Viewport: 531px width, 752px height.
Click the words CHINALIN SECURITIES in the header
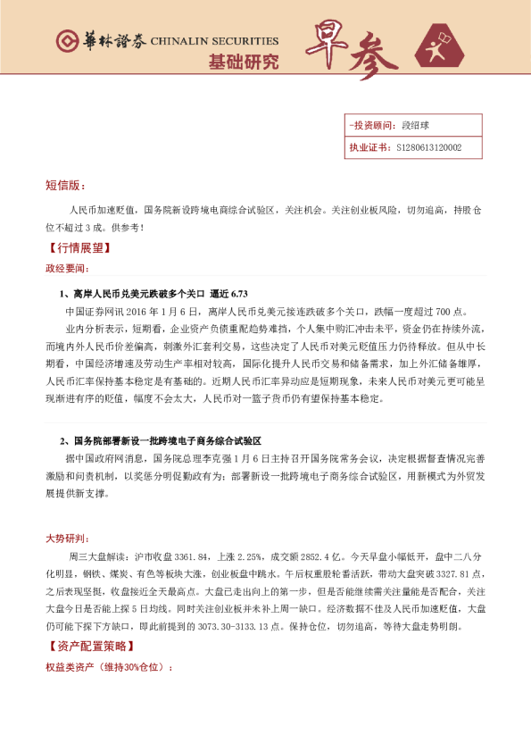[214, 41]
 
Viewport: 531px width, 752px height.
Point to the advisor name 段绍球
[416, 126]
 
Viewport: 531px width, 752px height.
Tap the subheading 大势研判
[66, 539]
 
